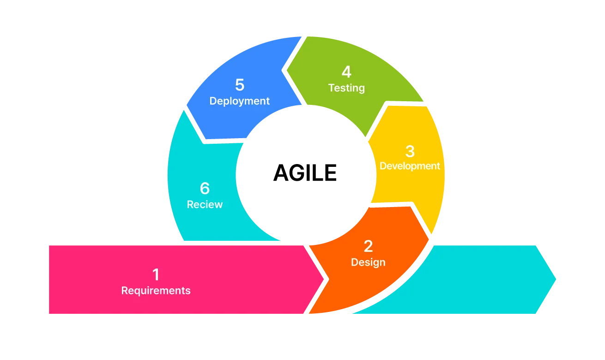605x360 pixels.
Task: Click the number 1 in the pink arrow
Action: pos(156,275)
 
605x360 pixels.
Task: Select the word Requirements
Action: pos(156,291)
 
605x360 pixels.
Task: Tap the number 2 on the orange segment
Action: pos(368,246)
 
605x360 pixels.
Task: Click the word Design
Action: pos(368,262)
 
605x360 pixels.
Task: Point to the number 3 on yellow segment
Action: pos(410,151)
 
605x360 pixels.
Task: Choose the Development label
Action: pos(410,166)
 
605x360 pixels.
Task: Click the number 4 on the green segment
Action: pos(346,72)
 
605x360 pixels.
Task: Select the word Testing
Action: pos(346,88)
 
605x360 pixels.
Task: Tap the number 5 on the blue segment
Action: pos(239,85)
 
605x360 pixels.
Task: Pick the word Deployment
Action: pos(239,101)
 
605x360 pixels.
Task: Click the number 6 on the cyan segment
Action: pos(205,189)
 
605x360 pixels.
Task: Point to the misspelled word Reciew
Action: pos(205,204)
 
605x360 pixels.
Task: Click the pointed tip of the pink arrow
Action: pos(325,279)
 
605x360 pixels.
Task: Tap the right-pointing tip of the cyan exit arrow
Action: pos(557,279)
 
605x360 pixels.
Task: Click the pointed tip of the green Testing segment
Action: pos(286,71)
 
